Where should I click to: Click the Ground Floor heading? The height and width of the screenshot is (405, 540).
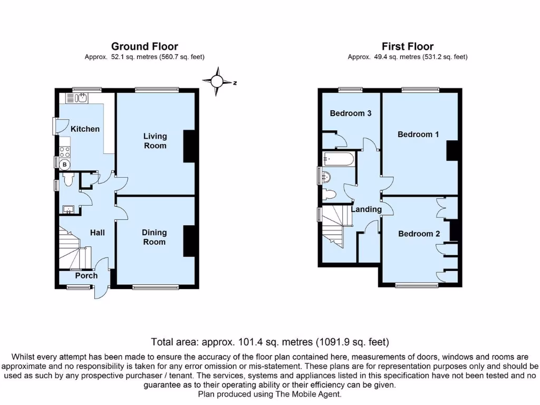144,47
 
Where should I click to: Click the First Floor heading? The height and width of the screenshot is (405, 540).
408,47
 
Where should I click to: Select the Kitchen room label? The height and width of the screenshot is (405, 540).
85,129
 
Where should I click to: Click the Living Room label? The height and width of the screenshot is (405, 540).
155,141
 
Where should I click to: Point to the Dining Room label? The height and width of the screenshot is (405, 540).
154,237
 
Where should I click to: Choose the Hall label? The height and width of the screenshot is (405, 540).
97,233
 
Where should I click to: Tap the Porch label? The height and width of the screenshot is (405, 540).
86,275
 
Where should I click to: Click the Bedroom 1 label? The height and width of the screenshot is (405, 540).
418,134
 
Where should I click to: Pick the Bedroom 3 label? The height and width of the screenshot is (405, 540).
351,113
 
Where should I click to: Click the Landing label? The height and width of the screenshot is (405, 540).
367,209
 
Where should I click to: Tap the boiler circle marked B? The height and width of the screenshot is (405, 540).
65,165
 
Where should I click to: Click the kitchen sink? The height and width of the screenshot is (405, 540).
80,98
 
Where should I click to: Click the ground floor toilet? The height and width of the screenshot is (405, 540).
67,181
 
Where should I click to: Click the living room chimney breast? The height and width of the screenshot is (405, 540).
189,146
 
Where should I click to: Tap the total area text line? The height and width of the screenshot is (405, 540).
270,341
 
